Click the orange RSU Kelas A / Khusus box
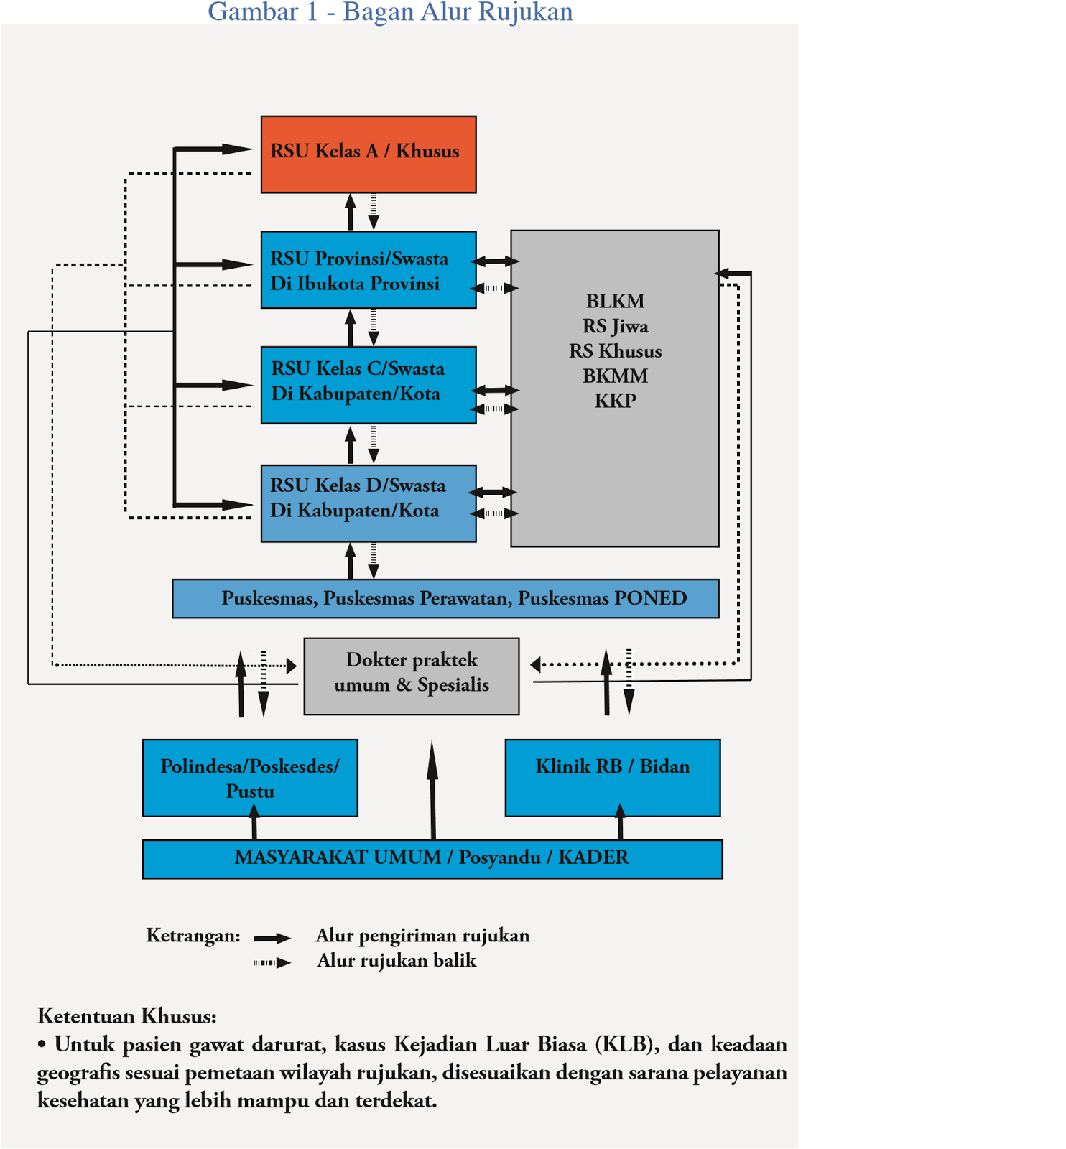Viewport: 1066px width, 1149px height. pyautogui.click(x=369, y=154)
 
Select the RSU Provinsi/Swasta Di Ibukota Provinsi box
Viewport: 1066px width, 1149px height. pyautogui.click(x=369, y=270)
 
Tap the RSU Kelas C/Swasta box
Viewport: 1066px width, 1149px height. pyautogui.click(x=369, y=386)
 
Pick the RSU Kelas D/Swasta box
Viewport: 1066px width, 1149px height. pyautogui.click(x=369, y=503)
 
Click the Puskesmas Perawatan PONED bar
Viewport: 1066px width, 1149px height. pyautogui.click(x=445, y=598)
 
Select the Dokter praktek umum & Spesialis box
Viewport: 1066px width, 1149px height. pyautogui.click(x=412, y=676)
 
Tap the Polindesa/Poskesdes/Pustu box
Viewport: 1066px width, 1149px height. pyautogui.click(x=250, y=778)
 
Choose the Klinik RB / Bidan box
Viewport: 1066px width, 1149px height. pyautogui.click(x=613, y=778)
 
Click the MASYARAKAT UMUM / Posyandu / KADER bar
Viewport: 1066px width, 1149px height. pyautogui.click(x=432, y=859)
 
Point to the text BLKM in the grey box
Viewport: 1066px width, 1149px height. pyautogui.click(x=616, y=301)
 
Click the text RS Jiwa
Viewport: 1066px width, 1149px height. pyautogui.click(x=616, y=327)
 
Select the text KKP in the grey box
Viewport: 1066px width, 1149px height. pyautogui.click(x=616, y=401)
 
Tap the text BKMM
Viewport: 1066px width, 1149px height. pyautogui.click(x=616, y=376)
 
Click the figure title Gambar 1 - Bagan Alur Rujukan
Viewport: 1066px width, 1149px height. pyautogui.click(x=391, y=11)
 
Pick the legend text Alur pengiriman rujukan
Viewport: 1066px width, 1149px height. pyautogui.click(x=423, y=936)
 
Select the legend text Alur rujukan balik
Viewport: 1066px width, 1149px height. pyautogui.click(x=397, y=961)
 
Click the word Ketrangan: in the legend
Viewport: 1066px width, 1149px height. pyautogui.click(x=193, y=936)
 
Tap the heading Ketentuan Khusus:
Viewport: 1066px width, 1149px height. pyautogui.click(x=127, y=1016)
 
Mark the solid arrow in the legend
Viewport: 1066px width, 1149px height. pyautogui.click(x=272, y=939)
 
